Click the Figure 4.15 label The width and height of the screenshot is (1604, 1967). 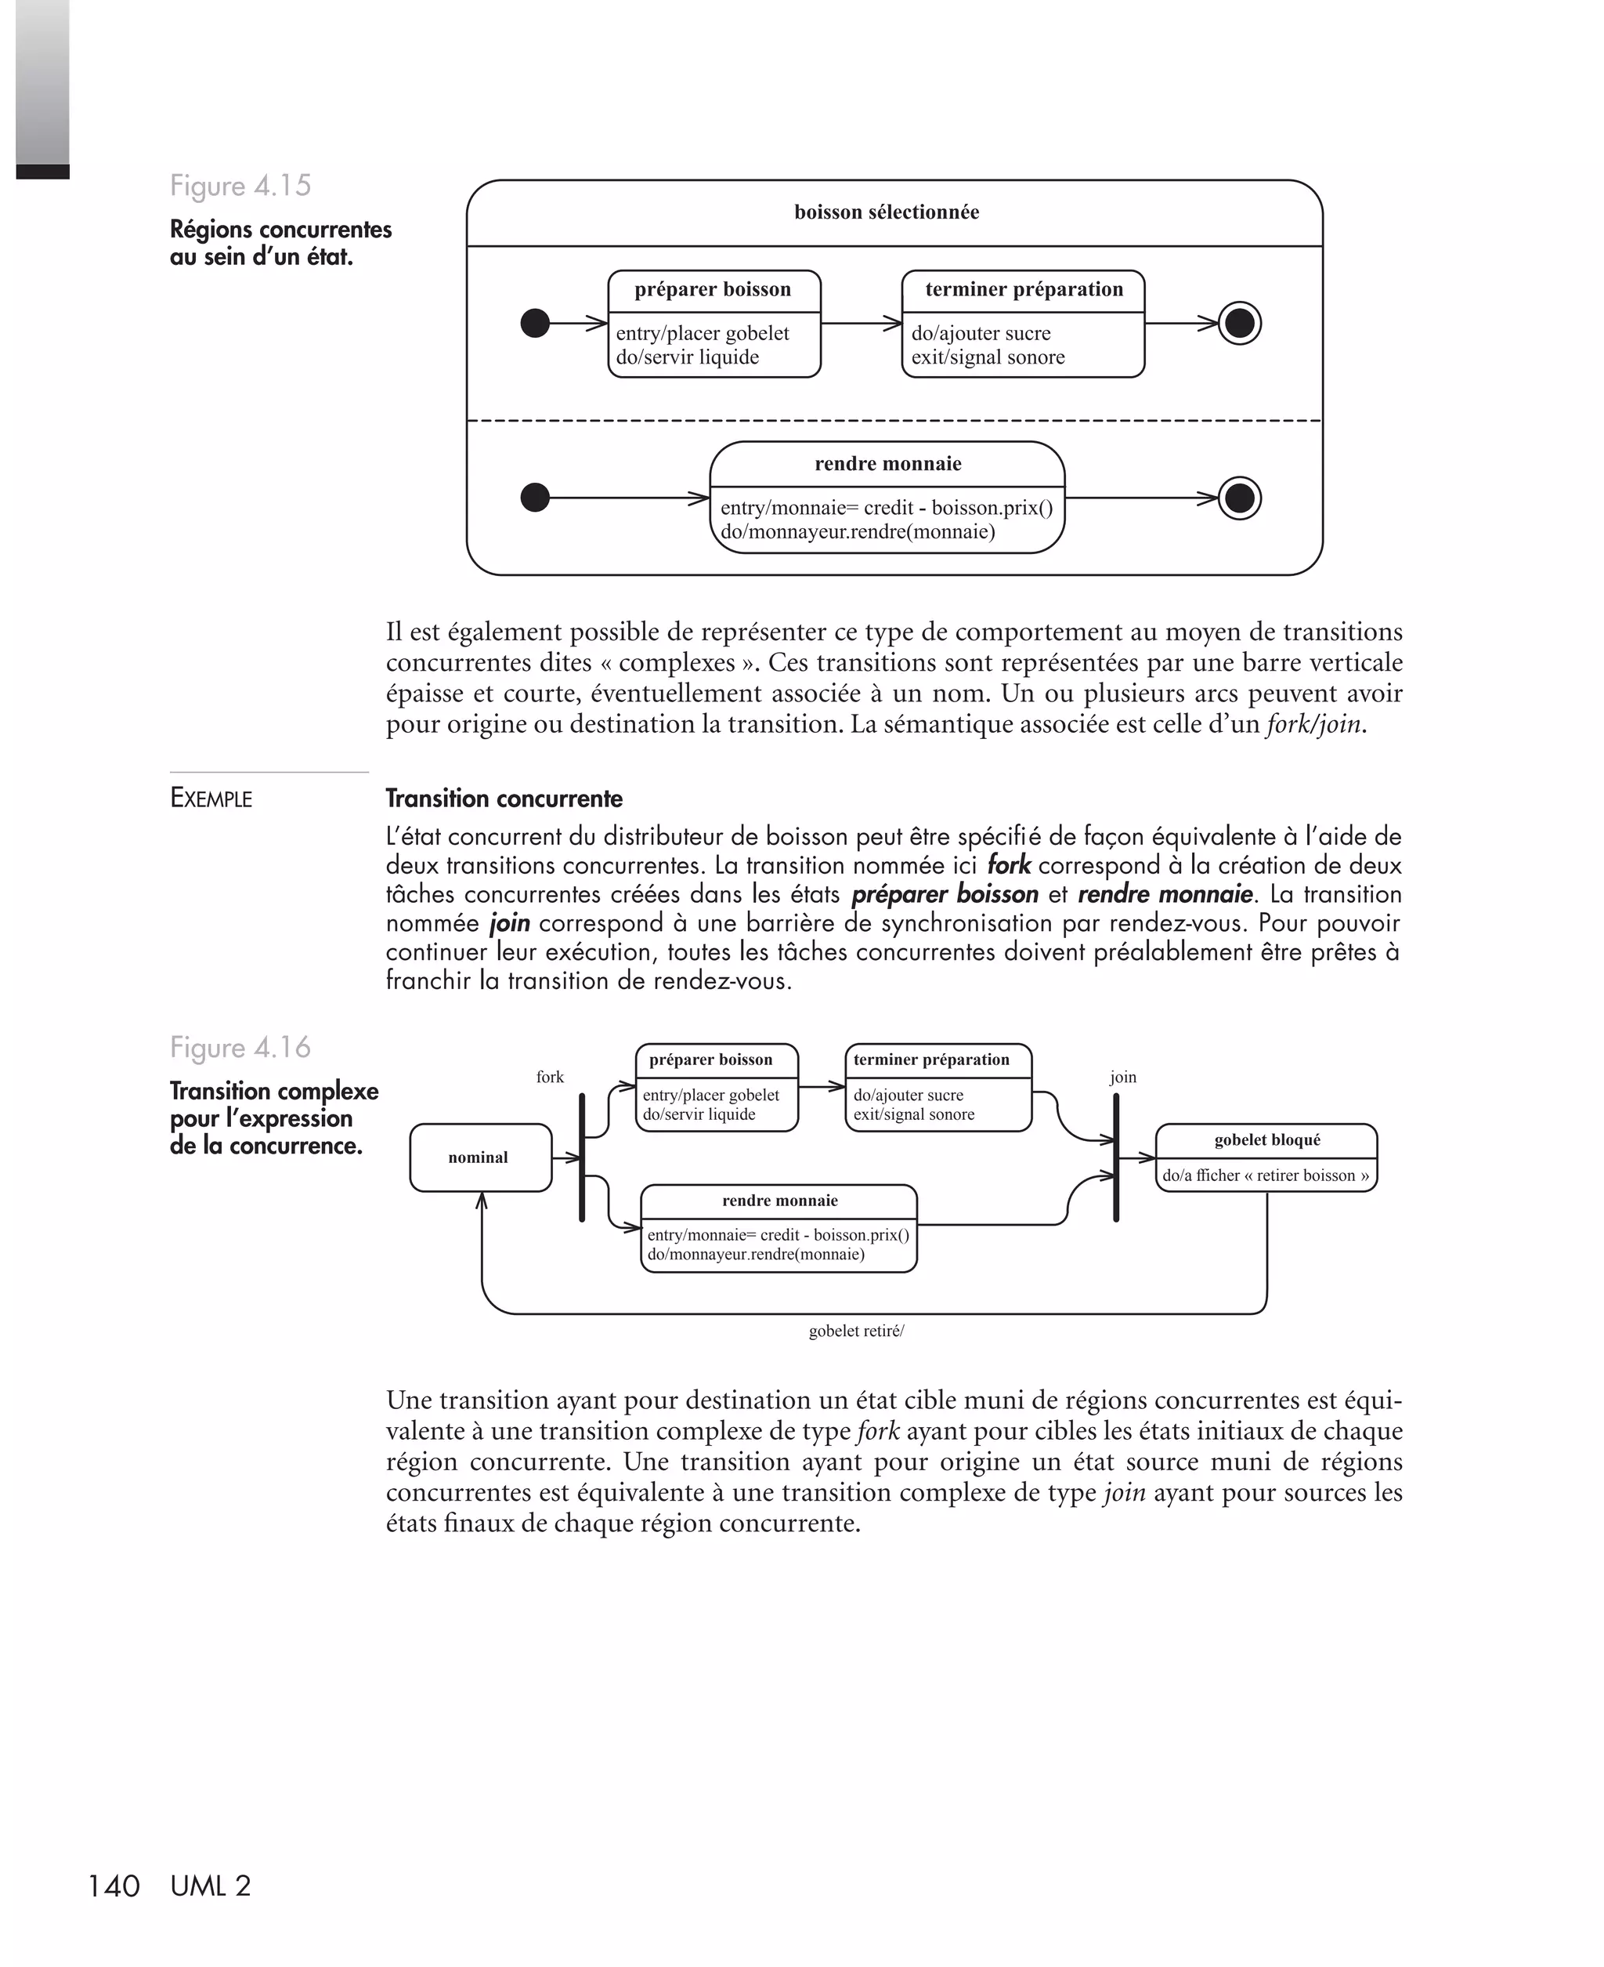pos(240,186)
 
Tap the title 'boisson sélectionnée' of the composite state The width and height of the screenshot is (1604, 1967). pos(886,212)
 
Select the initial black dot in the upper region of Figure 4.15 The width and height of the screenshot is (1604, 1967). pos(535,324)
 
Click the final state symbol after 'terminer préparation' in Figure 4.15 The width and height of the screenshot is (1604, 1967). pos(1239,324)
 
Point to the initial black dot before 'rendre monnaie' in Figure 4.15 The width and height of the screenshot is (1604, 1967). pos(535,498)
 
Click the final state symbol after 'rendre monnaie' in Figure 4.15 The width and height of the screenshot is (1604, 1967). pos(1239,498)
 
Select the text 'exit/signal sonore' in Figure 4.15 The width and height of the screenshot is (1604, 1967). pos(988,357)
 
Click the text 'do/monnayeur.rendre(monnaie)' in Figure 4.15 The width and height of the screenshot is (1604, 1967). pos(858,532)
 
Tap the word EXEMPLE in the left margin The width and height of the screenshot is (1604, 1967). pos(211,799)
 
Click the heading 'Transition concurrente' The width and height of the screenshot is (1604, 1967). pos(504,799)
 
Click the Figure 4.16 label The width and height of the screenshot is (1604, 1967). pos(240,1047)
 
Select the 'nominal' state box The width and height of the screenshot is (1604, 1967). pos(479,1157)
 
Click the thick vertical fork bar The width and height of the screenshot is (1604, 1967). pos(582,1157)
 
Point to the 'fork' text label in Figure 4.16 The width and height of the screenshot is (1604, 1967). pos(550,1077)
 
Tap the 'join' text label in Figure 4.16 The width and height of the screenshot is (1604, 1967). pos(1122,1077)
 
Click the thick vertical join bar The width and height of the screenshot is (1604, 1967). pos(1116,1157)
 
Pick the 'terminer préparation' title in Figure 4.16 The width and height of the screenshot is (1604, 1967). pos(931,1060)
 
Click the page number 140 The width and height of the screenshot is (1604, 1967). pos(113,1886)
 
